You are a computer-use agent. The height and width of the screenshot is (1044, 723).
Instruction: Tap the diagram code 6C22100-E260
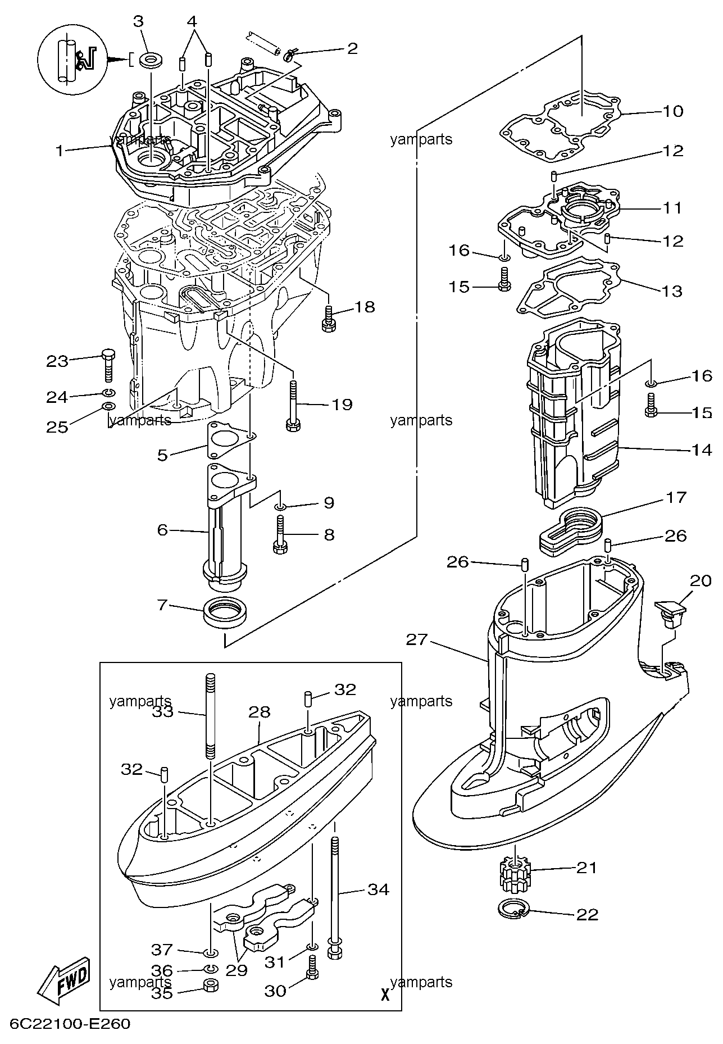(x=70, y=1023)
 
